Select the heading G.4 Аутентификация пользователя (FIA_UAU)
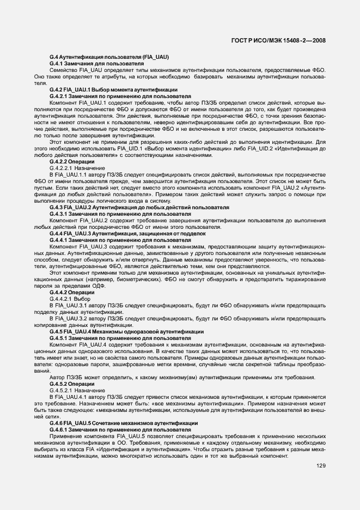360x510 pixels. tap(108, 57)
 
